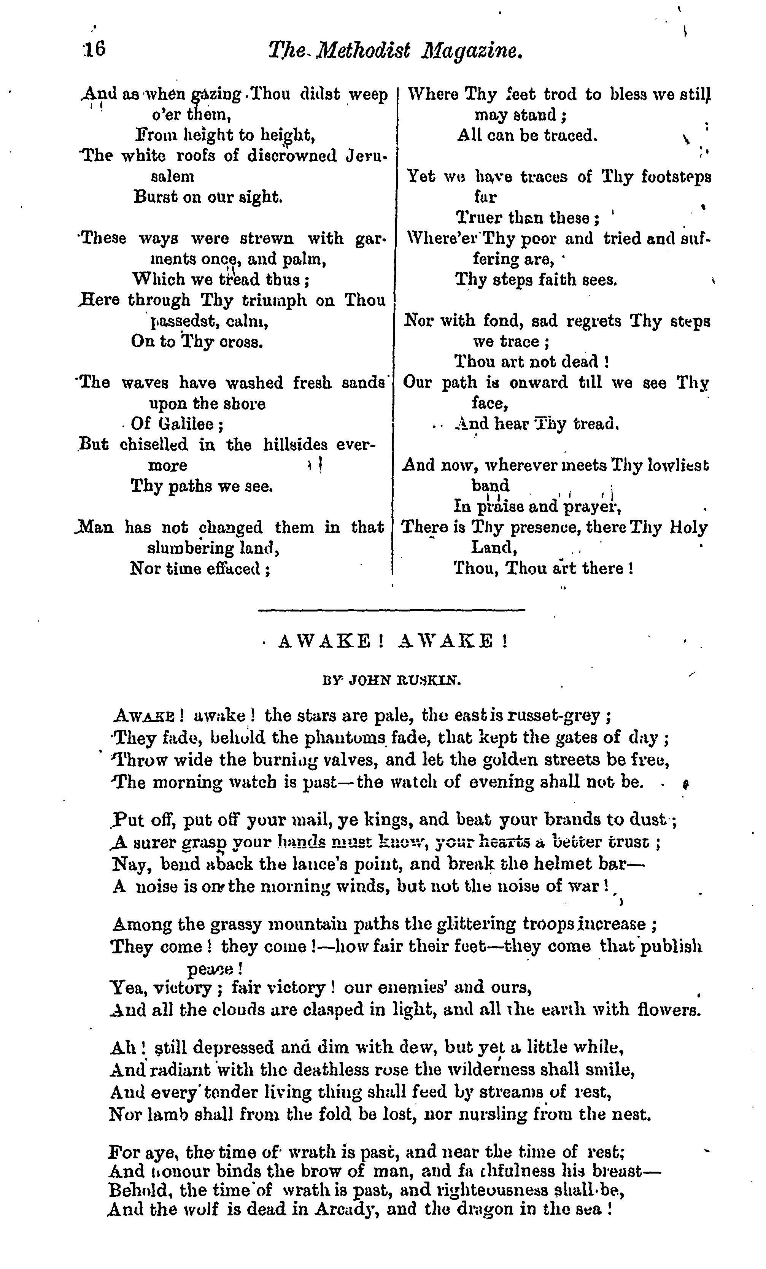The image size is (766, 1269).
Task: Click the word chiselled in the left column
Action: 154,445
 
